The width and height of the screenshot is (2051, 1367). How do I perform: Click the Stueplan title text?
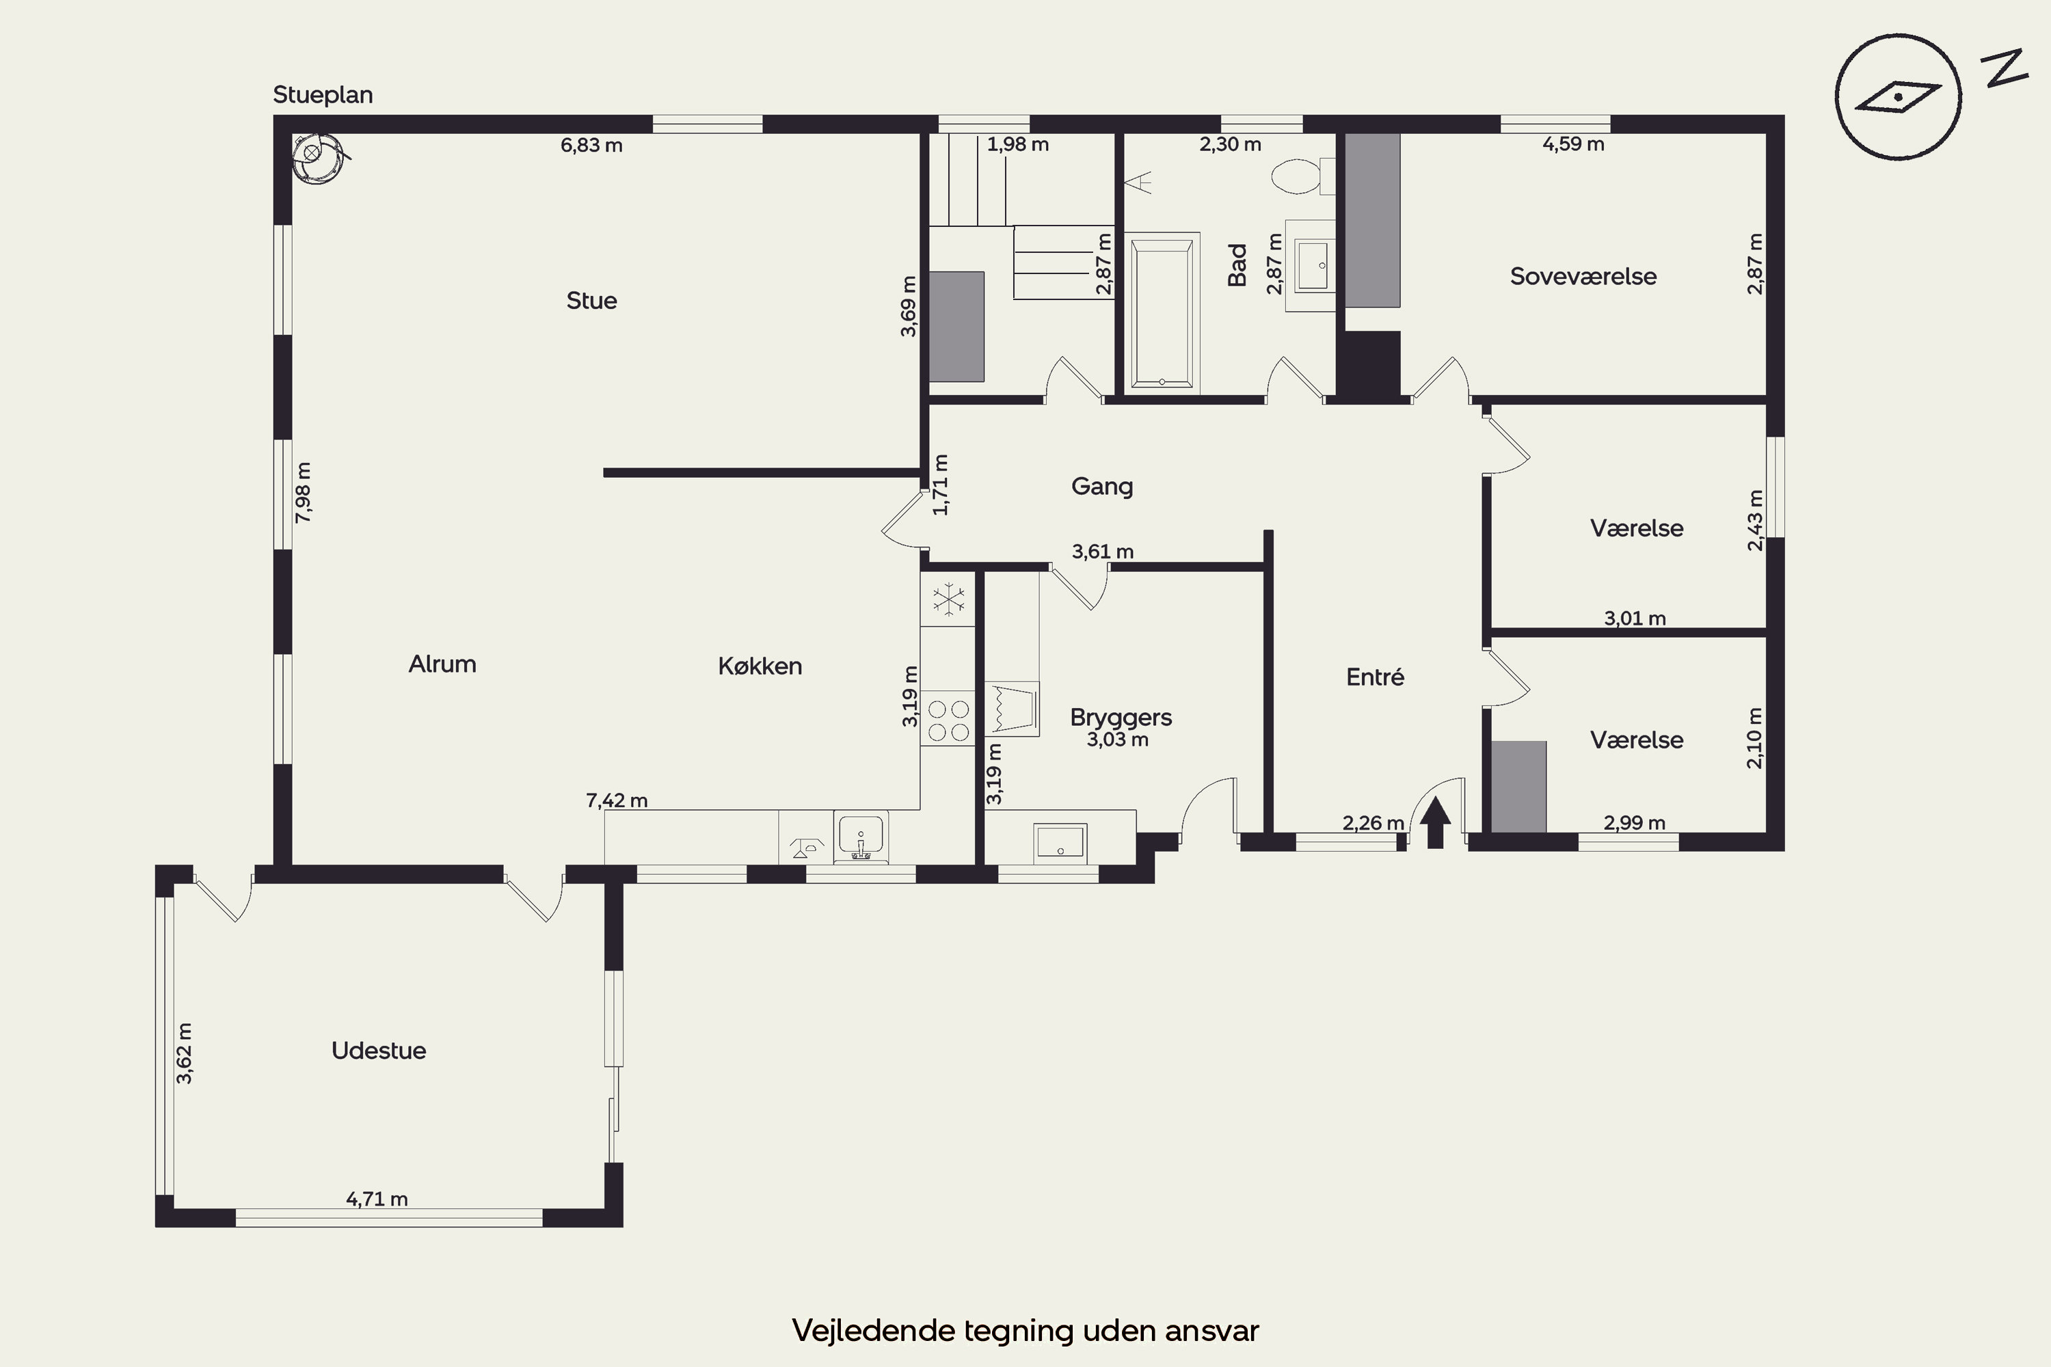coord(323,95)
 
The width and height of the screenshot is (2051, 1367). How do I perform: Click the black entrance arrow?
coord(1435,822)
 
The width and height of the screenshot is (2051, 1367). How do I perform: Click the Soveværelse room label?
coord(1583,276)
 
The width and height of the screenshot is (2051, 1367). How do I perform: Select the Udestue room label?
coord(379,1051)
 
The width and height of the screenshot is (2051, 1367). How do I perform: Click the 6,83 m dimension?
coord(591,146)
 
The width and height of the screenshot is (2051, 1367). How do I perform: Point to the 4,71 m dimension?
coord(377,1199)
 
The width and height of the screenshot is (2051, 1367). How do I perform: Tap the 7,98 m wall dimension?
coord(303,493)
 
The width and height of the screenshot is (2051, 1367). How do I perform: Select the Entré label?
coord(1375,677)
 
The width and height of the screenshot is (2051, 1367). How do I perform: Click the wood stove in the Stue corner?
coord(316,158)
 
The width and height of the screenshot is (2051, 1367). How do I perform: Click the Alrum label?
coord(442,664)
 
